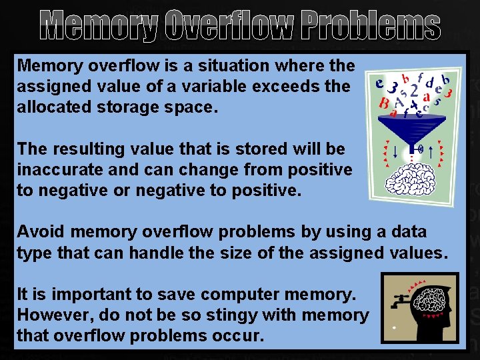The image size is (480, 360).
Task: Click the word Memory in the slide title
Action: pyautogui.click(x=99, y=26)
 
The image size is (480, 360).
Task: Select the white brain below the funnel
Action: pyautogui.click(x=413, y=180)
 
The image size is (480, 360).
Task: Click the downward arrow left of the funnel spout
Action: pyautogui.click(x=396, y=151)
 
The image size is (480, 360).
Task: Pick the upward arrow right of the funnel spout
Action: pyautogui.click(x=432, y=151)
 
